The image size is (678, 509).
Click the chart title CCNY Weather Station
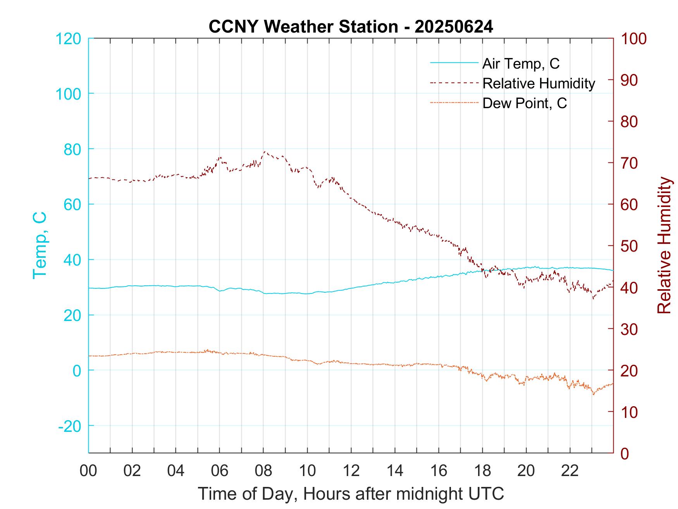(x=351, y=27)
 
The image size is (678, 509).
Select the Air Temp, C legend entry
(x=521, y=64)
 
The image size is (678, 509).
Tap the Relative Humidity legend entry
(x=539, y=83)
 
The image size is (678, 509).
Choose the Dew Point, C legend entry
(x=525, y=103)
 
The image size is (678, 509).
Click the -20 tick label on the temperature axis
(x=70, y=426)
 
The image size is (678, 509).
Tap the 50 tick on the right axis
(x=630, y=246)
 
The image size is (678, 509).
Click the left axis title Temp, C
(x=40, y=245)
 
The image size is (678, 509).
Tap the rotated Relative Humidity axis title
(x=664, y=245)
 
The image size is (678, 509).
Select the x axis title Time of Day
(x=351, y=494)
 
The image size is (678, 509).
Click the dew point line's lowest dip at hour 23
(x=593, y=394)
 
